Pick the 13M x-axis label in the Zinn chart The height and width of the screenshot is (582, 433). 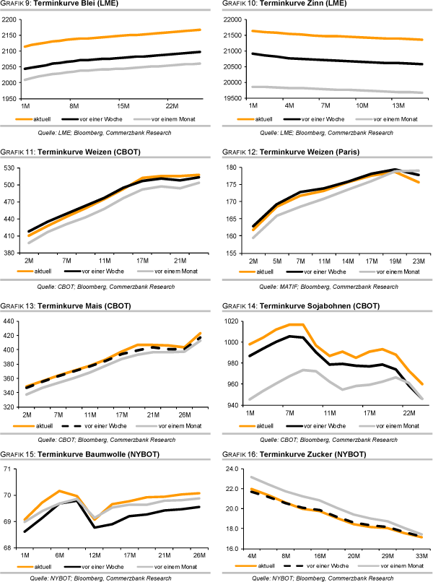pos(398,105)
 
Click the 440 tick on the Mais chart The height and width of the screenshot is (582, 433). pos(12,321)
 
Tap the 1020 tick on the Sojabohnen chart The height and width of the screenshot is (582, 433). pos(230,321)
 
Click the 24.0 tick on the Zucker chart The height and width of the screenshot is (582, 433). pos(229,469)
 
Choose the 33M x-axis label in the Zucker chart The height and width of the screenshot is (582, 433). pos(421,555)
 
